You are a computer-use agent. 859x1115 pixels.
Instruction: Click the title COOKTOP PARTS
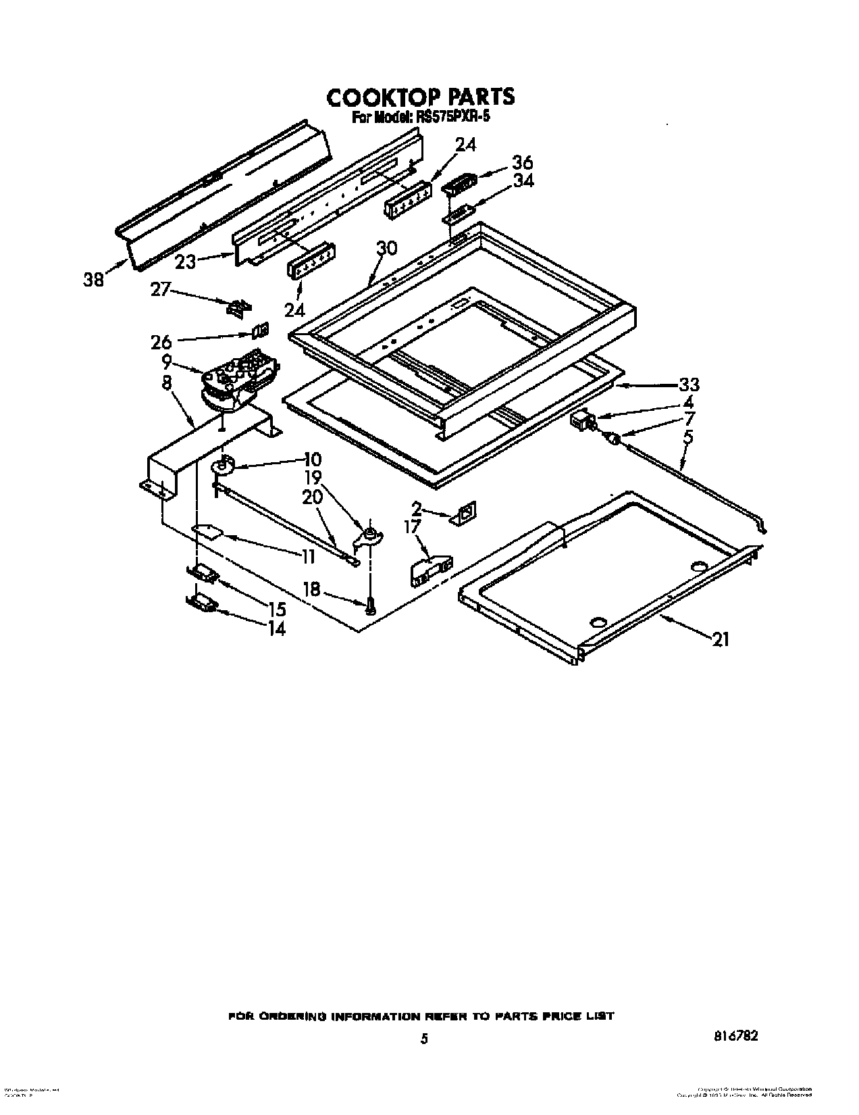pyautogui.click(x=420, y=97)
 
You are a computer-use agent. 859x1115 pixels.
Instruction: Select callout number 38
pyautogui.click(x=94, y=278)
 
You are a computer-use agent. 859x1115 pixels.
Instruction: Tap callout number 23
pyautogui.click(x=185, y=262)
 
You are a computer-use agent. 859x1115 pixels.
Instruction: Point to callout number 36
pyautogui.click(x=523, y=163)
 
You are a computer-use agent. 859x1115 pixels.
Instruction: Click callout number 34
pyautogui.click(x=523, y=180)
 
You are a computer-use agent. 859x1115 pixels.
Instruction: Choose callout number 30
pyautogui.click(x=386, y=248)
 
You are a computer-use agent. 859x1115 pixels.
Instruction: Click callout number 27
pyautogui.click(x=160, y=291)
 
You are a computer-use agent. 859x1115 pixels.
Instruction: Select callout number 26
pyautogui.click(x=161, y=343)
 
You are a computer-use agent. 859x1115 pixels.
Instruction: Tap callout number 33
pyautogui.click(x=689, y=385)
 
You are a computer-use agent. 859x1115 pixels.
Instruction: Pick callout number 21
pyautogui.click(x=721, y=639)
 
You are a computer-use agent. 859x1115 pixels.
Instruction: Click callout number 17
pyautogui.click(x=412, y=526)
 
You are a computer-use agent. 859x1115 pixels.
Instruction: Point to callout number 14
pyautogui.click(x=276, y=628)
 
